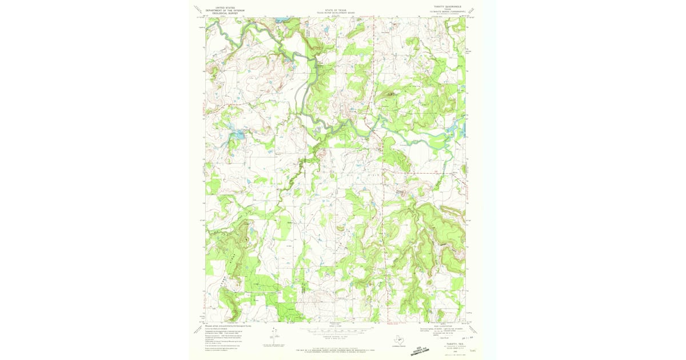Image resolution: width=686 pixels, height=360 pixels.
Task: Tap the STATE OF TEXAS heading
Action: point(335,10)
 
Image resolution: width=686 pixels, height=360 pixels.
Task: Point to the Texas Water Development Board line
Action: point(335,13)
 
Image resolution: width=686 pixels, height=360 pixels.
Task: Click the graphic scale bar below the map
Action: point(335,330)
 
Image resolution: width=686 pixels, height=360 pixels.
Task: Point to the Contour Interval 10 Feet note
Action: point(335,338)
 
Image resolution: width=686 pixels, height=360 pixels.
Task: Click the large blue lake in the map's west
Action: point(237,135)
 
